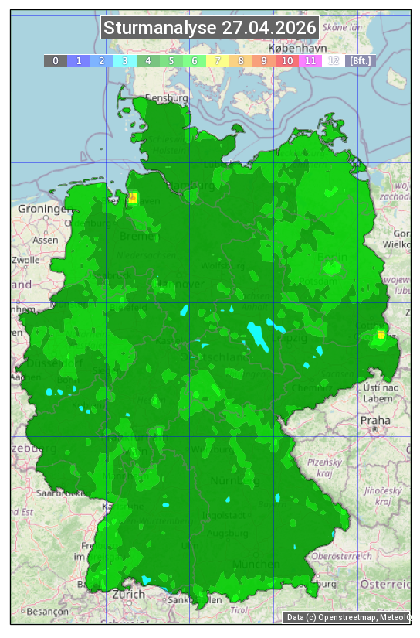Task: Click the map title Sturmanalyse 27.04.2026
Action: (210, 28)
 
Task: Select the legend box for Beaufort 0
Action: (56, 60)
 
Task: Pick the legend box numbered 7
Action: (218, 60)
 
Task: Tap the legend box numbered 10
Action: (287, 60)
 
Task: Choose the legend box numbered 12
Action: (334, 60)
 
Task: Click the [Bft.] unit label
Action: (360, 60)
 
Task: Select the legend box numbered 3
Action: (125, 60)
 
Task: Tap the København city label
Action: (286, 48)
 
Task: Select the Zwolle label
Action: (25, 260)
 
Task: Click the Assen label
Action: (46, 240)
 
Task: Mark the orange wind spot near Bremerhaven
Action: (133, 198)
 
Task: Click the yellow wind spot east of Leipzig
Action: (381, 335)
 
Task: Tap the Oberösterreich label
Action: (342, 556)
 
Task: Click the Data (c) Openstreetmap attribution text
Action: (347, 617)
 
